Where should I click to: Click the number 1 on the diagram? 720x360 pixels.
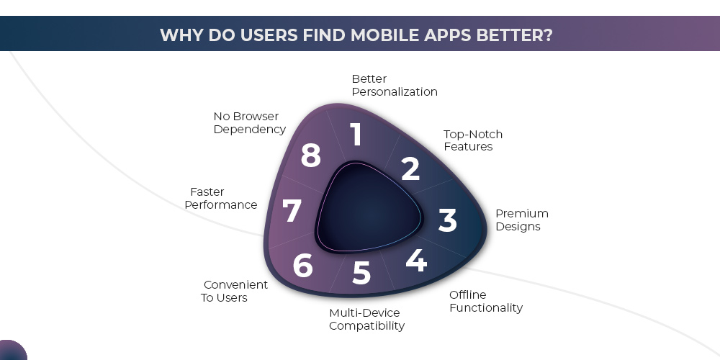pyautogui.click(x=356, y=135)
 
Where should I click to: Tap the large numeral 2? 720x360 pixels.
pyautogui.click(x=410, y=168)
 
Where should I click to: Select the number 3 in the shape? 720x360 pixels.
pyautogui.click(x=447, y=220)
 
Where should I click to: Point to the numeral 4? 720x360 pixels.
pyautogui.click(x=415, y=260)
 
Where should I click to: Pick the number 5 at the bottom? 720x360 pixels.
pyautogui.click(x=361, y=273)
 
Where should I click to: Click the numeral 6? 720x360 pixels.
pyautogui.click(x=302, y=266)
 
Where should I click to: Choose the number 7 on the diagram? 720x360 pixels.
pyautogui.click(x=292, y=212)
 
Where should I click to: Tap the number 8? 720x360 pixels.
pyautogui.click(x=310, y=156)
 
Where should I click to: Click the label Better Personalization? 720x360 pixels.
pyautogui.click(x=394, y=85)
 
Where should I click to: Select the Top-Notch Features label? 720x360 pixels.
pyautogui.click(x=472, y=140)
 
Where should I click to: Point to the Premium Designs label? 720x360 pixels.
pyautogui.click(x=521, y=220)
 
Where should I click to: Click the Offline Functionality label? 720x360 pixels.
pyautogui.click(x=485, y=301)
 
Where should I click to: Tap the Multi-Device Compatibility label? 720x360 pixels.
pyautogui.click(x=366, y=319)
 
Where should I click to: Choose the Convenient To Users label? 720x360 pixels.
pyautogui.click(x=234, y=291)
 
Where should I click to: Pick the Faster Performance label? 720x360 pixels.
pyautogui.click(x=220, y=198)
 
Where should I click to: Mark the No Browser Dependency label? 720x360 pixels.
pyautogui.click(x=249, y=122)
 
